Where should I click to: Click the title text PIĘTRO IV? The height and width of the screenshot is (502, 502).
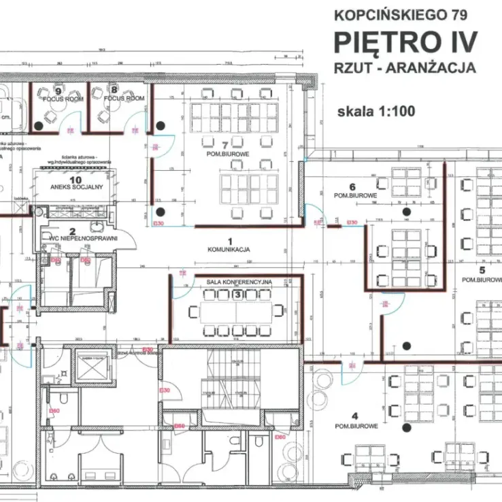(x=405, y=41)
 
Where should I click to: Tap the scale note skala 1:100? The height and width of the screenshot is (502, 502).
(x=375, y=112)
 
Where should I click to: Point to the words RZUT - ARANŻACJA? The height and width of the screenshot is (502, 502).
(x=405, y=67)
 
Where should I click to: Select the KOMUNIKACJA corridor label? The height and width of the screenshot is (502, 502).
(x=229, y=250)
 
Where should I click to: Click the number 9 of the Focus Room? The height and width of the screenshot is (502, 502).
(x=58, y=90)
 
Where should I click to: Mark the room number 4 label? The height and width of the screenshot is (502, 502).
(x=354, y=416)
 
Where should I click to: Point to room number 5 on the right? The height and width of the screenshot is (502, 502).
(x=481, y=271)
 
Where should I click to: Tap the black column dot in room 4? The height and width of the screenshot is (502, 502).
(x=407, y=428)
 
